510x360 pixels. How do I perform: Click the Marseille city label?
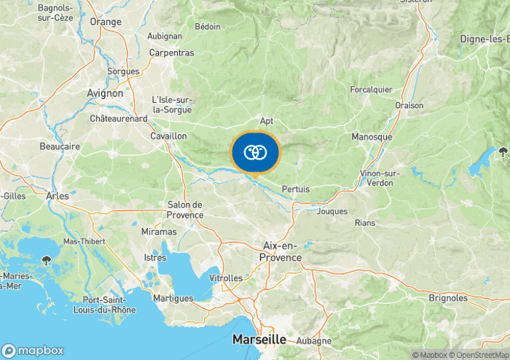[x=259, y=340]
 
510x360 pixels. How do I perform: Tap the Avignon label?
[x=105, y=93]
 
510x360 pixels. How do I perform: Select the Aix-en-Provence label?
[x=281, y=252]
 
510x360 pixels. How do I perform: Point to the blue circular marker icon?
[x=255, y=152]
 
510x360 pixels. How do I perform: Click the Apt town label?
[x=266, y=121]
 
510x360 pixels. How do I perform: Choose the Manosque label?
[x=372, y=136]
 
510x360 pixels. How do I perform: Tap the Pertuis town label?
[x=295, y=189]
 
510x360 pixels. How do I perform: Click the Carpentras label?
[x=171, y=52]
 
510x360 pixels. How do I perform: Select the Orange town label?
[x=106, y=22]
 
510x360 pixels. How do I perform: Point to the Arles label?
[x=57, y=196]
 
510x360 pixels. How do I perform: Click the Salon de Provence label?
[x=185, y=210]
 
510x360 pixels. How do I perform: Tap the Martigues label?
[x=173, y=298]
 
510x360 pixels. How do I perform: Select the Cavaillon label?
[x=168, y=136]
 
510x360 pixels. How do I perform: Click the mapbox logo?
[x=33, y=350]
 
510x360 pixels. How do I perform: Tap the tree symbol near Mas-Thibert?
[x=47, y=259]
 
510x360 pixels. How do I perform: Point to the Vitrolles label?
[x=226, y=278]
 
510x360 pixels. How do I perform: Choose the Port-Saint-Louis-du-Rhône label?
[x=109, y=305]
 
